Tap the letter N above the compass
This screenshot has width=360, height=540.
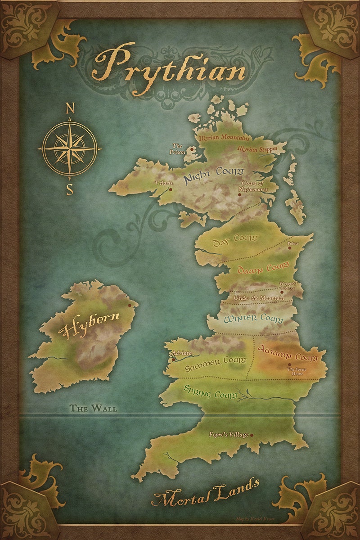pyautogui.click(x=70, y=108)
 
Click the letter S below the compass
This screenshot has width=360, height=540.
pyautogui.click(x=70, y=189)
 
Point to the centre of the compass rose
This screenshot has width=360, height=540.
pyautogui.click(x=70, y=148)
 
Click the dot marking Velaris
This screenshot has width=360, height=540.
pyautogui.click(x=171, y=190)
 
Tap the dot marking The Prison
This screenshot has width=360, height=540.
pyautogui.click(x=192, y=148)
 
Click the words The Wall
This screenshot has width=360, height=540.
pyautogui.click(x=93, y=409)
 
